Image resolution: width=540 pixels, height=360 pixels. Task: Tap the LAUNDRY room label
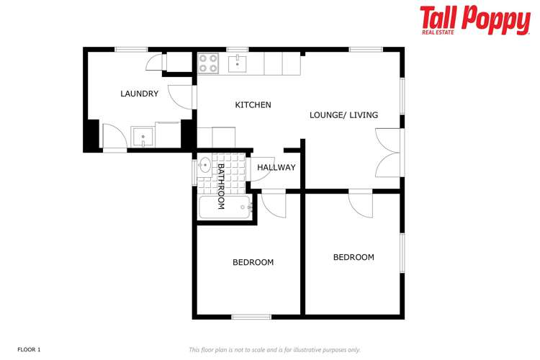click(x=139, y=94)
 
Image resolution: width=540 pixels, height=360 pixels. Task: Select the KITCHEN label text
click(x=253, y=105)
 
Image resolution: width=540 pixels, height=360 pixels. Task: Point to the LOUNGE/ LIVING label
click(x=343, y=115)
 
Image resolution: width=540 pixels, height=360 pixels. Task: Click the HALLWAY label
click(x=276, y=168)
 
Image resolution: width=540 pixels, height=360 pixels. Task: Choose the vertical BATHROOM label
click(x=221, y=186)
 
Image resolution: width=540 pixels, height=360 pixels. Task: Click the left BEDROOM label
click(x=253, y=262)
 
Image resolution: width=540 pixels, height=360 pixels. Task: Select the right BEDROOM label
click(x=354, y=257)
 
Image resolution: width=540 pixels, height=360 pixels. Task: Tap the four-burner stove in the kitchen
click(x=208, y=63)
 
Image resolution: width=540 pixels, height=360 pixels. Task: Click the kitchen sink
click(x=238, y=63)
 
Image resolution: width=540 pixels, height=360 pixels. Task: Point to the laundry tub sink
click(x=142, y=135)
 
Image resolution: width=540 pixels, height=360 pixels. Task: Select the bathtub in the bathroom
click(x=224, y=208)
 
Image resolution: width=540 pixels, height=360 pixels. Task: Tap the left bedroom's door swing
click(x=272, y=204)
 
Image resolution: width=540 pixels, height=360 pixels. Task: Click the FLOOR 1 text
click(x=30, y=349)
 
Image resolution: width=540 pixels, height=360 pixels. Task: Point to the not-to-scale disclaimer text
click(x=274, y=349)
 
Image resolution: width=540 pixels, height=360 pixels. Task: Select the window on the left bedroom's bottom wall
click(x=251, y=316)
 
